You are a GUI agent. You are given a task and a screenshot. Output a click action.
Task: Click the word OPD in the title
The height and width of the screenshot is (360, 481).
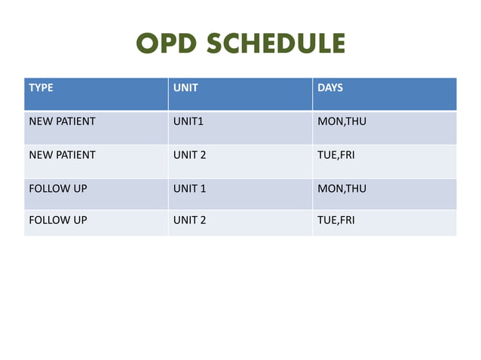[x=167, y=43]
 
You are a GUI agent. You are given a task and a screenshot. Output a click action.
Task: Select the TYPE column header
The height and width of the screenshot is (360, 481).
[x=41, y=88]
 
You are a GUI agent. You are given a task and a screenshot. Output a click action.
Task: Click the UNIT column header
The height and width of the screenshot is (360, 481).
[x=185, y=88]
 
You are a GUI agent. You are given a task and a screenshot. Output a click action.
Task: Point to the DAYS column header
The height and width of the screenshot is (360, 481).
[x=330, y=88]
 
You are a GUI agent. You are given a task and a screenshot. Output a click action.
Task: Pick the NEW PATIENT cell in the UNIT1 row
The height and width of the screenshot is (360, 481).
[x=62, y=121]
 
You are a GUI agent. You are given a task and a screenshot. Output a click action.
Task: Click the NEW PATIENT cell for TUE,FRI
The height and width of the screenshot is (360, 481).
[x=62, y=155]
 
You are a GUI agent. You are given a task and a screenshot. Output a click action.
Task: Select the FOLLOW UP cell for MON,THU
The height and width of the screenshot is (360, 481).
[x=57, y=188]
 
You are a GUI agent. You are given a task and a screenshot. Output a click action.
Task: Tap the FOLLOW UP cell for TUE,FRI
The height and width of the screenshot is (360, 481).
[x=57, y=221]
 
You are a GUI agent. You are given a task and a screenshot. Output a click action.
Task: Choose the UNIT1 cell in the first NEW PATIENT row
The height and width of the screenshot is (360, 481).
[x=189, y=121]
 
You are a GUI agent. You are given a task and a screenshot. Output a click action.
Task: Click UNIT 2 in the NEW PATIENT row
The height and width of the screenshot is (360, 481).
[x=190, y=155]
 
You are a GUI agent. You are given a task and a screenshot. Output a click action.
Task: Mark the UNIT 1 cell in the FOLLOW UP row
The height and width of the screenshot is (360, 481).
[x=190, y=188]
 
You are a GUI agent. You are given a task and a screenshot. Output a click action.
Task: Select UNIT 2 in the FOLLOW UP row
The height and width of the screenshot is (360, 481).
[x=190, y=221]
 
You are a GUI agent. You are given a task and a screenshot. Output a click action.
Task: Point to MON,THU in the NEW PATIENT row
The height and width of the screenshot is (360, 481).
[x=342, y=121]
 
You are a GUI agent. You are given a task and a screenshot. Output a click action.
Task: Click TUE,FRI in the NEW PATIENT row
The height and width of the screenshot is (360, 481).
[x=336, y=155]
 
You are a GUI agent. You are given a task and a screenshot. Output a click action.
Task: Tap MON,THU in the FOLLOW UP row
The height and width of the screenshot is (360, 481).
[x=342, y=188]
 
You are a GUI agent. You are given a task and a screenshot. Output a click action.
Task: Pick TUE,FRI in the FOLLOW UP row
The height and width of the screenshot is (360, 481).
[x=336, y=221]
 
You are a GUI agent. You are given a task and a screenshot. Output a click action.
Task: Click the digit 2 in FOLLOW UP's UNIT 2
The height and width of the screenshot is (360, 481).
[x=203, y=221]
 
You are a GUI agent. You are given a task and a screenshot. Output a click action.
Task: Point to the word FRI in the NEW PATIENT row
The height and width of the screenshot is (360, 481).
[x=347, y=155]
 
